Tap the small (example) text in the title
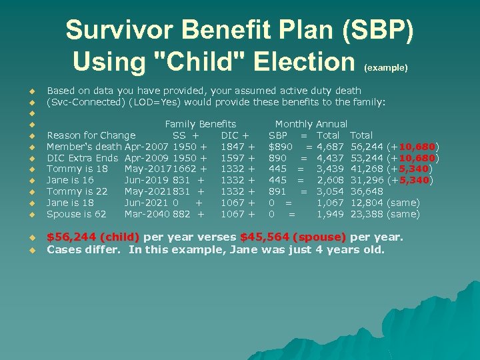point(386,67)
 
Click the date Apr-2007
point(147,147)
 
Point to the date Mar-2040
point(147,215)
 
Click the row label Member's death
point(84,147)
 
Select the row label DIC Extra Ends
point(83,158)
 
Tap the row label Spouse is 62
point(76,215)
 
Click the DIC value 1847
point(233,147)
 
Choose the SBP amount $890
point(280,147)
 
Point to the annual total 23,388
point(371,215)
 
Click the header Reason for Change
point(91,135)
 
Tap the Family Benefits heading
point(200,124)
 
